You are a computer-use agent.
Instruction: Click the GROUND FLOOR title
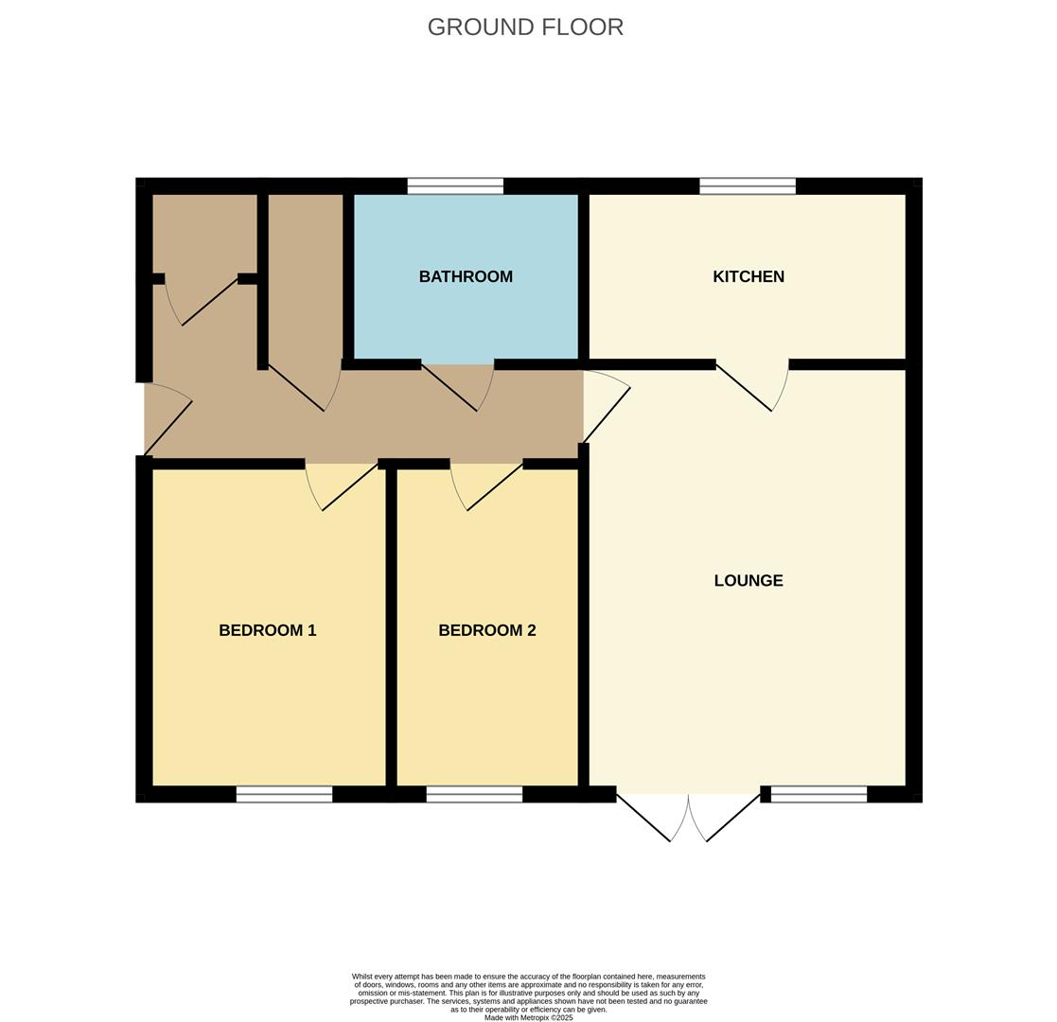(525, 26)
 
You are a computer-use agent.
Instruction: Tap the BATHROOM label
(466, 276)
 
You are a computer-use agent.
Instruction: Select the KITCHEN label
(749, 276)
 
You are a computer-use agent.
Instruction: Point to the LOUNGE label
(749, 580)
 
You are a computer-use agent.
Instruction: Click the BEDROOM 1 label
(268, 630)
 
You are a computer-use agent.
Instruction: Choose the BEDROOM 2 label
(487, 630)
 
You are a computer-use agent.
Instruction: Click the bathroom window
(456, 186)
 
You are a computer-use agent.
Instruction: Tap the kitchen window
(748, 186)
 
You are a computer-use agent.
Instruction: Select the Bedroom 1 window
(285, 794)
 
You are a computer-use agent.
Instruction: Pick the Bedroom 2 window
(475, 794)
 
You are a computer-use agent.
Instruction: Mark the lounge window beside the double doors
(819, 794)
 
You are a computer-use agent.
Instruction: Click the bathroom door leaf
(449, 388)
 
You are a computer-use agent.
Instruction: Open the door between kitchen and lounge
(744, 388)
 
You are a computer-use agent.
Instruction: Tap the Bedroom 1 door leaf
(350, 486)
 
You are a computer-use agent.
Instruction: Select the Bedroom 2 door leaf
(495, 486)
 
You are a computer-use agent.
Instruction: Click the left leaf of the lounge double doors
(643, 819)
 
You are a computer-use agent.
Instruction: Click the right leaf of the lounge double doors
(733, 819)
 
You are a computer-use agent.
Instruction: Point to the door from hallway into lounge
(607, 415)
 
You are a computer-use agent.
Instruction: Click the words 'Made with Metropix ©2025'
(528, 1018)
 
